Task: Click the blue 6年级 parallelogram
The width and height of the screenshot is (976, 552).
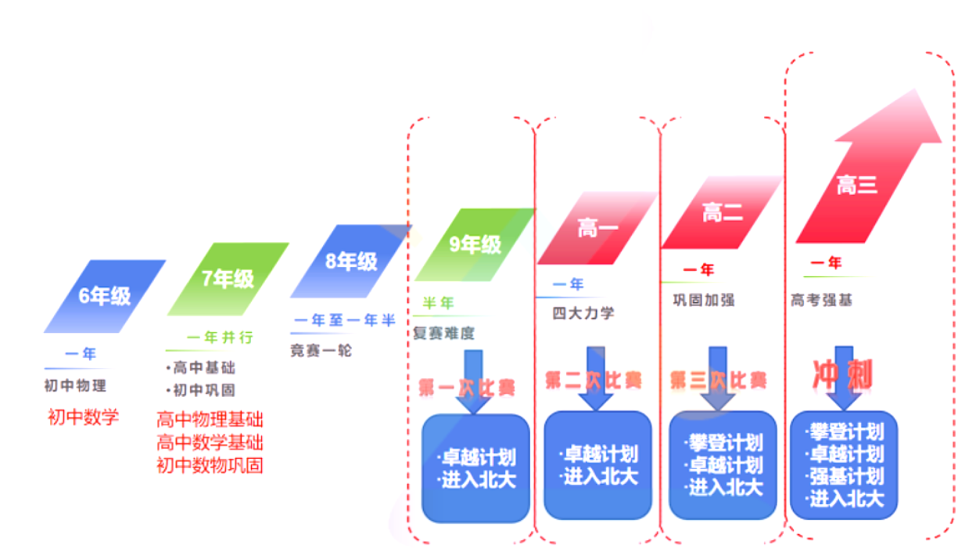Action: point(105,296)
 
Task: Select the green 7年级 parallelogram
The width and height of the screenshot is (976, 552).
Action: point(228,279)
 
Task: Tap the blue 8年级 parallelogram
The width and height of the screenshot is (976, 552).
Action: point(351,261)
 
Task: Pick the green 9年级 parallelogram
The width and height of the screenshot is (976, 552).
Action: point(475,244)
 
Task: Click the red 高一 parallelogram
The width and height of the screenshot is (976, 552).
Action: point(597,228)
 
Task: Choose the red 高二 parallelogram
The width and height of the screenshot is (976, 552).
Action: point(722,212)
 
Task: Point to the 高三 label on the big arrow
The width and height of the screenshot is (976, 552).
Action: point(856,186)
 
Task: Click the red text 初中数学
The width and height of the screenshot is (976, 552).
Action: point(84,417)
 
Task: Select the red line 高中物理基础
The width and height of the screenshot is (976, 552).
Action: point(210,420)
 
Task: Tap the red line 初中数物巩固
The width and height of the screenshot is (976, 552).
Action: point(210,465)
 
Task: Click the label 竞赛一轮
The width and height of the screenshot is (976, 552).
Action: point(321,351)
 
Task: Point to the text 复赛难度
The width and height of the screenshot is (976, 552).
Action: point(443,333)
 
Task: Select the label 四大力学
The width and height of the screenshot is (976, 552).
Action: point(583,313)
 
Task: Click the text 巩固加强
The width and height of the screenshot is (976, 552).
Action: point(704,300)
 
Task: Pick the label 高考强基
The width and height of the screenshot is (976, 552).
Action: point(821,300)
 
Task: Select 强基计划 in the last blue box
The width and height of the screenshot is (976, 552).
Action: point(845,476)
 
